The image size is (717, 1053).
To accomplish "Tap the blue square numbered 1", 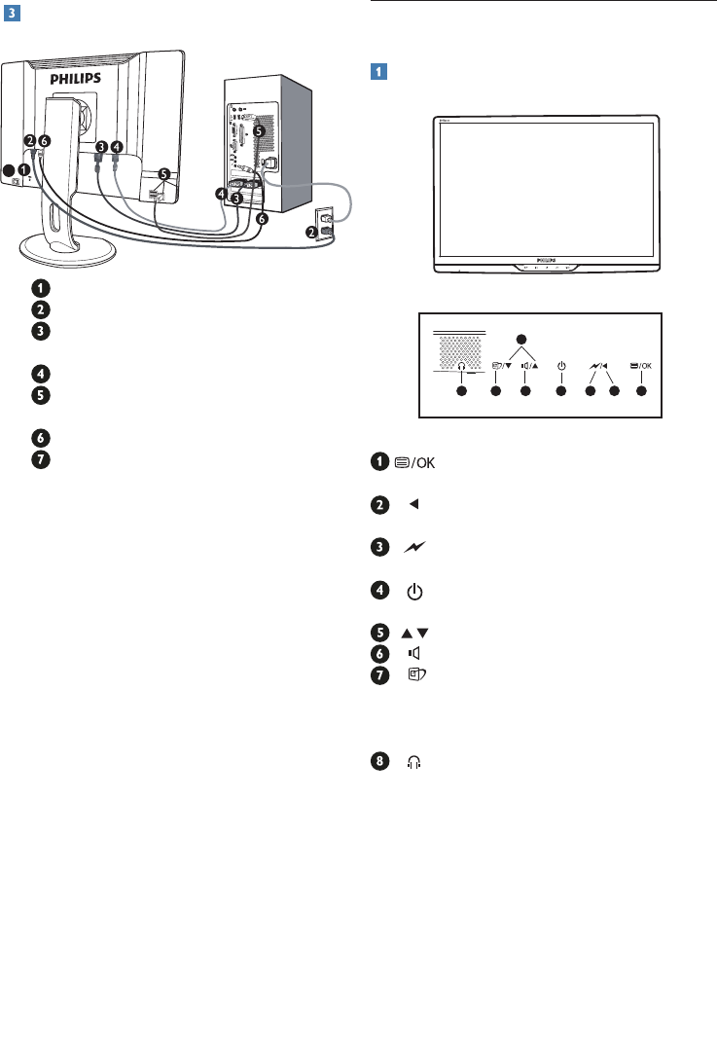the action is (x=378, y=71).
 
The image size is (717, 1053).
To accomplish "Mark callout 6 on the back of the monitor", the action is (x=44, y=140).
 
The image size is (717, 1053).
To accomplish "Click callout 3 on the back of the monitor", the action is (x=101, y=146).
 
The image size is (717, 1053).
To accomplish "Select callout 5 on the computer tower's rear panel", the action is (x=258, y=129).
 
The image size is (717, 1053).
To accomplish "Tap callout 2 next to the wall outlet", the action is (x=312, y=232).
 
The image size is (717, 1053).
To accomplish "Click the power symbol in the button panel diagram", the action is (x=560, y=366).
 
